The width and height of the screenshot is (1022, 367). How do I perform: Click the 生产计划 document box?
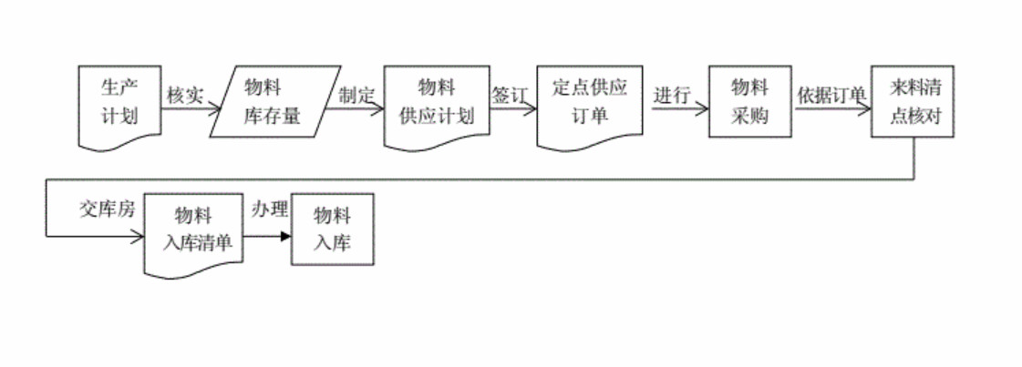click(x=119, y=102)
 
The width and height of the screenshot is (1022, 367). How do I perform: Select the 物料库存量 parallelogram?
click(x=274, y=102)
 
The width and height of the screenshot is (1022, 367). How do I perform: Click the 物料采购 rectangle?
click(x=750, y=102)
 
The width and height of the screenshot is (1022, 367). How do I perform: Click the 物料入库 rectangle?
click(x=332, y=229)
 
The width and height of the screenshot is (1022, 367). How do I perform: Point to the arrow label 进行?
click(x=671, y=95)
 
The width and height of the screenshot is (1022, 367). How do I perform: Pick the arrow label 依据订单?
click(x=831, y=95)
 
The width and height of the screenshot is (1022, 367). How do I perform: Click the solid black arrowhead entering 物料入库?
click(x=285, y=237)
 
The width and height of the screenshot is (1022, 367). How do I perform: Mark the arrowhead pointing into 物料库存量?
click(x=216, y=110)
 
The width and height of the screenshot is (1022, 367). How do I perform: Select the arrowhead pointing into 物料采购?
click(x=703, y=110)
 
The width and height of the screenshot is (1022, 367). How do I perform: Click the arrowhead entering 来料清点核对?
click(x=865, y=110)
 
